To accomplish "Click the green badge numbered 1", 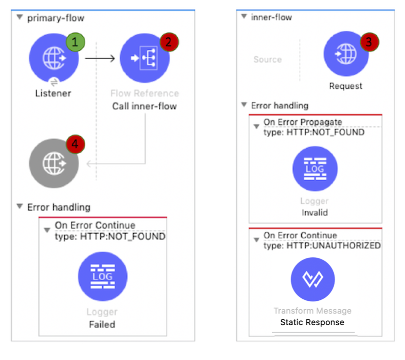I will coord(74,43).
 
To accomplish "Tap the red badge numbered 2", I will coord(169,43).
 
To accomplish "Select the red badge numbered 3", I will coord(369,43).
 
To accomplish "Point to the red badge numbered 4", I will coord(74,144).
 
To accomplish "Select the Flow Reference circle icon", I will coord(144,59).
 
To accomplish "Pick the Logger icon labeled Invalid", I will coord(315,169).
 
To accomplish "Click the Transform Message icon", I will coord(313,280).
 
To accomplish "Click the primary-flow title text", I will coord(55,18).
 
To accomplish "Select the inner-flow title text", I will coord(271,17).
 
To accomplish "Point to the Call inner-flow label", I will coord(144,106).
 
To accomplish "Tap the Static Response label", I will coord(312,322).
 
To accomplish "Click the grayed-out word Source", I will coord(267,60).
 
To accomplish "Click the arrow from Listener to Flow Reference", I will coord(100,59).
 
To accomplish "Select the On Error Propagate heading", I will coord(303,122).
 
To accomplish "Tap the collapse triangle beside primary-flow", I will coord(19,18).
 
